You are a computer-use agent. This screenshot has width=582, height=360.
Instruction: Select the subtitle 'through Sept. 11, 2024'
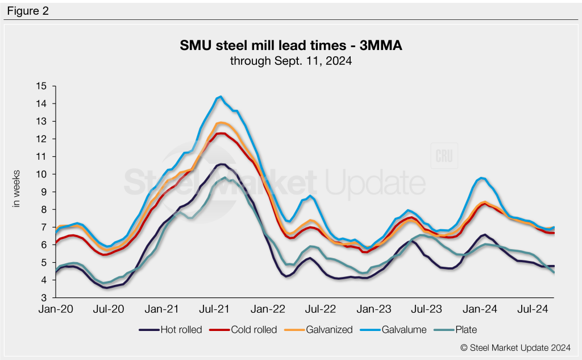[x=291, y=60]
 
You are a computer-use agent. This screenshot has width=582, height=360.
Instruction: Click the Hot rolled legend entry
[x=171, y=329]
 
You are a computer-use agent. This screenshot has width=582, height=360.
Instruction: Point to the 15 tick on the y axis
[x=40, y=86]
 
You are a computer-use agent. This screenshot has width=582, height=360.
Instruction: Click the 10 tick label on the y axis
[x=40, y=174]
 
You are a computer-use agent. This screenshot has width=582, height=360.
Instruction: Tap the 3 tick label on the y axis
[x=43, y=297]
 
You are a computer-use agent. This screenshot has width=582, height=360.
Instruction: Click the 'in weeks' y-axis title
[x=16, y=188]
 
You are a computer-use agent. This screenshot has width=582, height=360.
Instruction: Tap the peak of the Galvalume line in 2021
[x=221, y=97]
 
